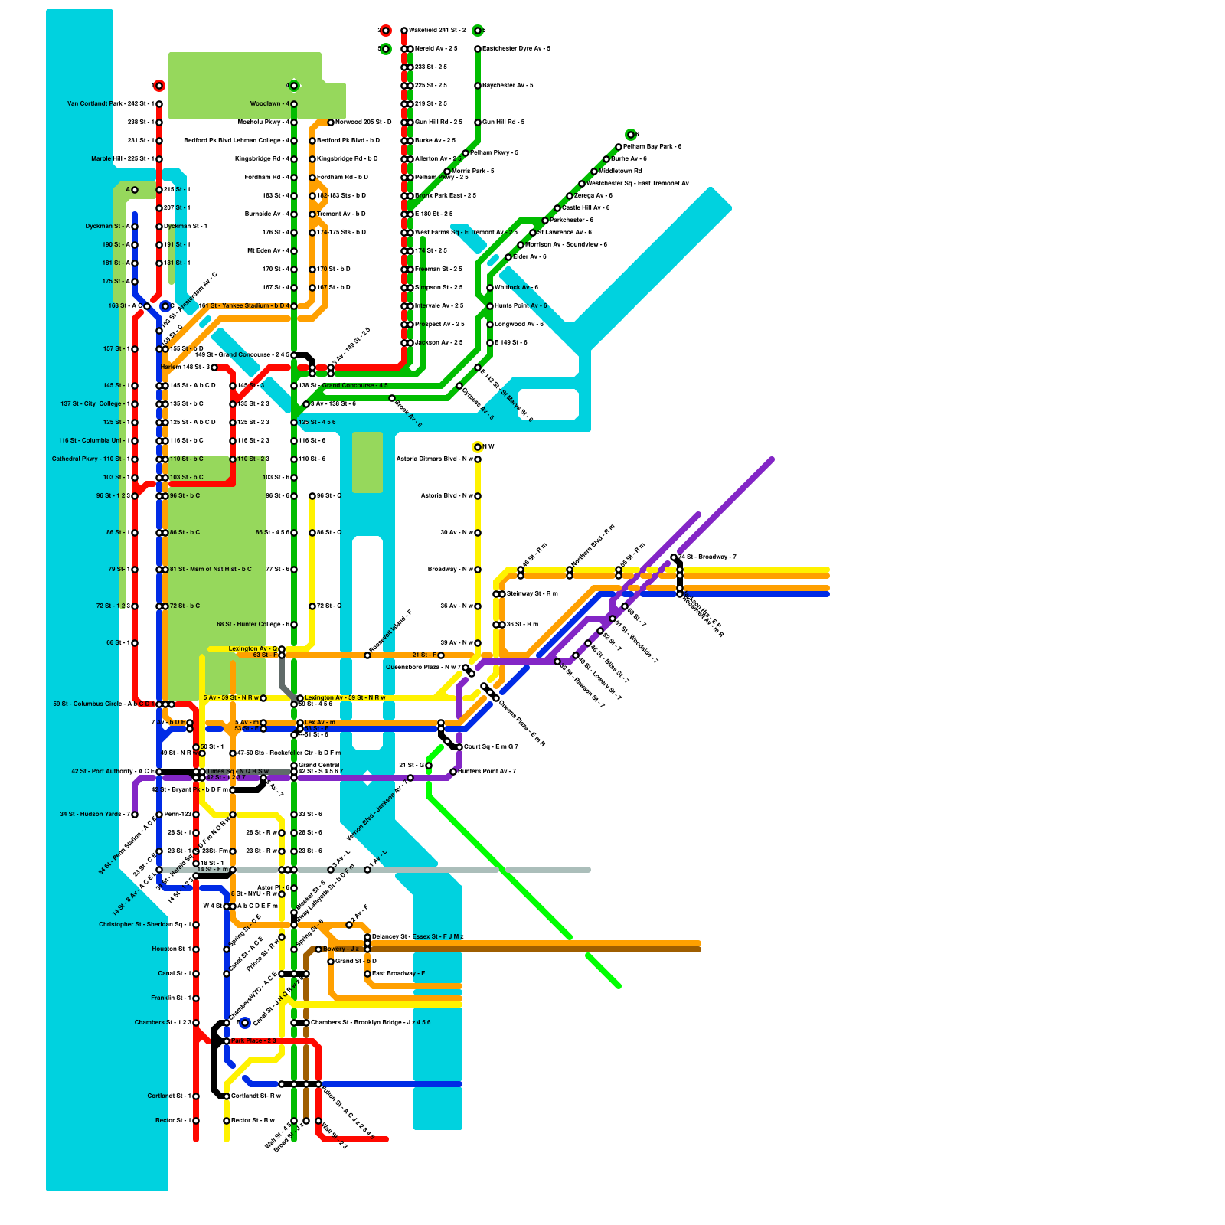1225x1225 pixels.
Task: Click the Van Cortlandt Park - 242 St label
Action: point(110,104)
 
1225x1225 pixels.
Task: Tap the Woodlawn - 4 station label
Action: point(269,104)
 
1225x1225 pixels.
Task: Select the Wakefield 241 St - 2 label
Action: point(437,31)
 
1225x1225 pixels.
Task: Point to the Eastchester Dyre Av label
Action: point(516,49)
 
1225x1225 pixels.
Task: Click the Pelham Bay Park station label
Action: point(652,147)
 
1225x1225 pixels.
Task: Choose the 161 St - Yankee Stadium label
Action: point(244,306)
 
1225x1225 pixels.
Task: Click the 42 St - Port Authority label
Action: point(113,772)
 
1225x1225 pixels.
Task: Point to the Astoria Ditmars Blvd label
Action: point(434,459)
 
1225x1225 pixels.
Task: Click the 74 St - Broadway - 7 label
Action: point(707,557)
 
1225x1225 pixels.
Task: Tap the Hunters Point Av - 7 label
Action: point(487,772)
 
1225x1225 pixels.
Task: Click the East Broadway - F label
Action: point(398,974)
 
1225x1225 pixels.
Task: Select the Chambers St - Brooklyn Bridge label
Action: point(371,1023)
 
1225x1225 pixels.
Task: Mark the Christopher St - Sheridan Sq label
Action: point(145,925)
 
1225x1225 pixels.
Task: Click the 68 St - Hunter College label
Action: point(253,625)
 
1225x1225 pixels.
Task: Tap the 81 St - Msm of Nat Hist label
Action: point(211,570)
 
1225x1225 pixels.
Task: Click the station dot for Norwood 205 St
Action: point(331,122)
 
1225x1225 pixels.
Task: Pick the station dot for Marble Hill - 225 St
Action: point(159,159)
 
